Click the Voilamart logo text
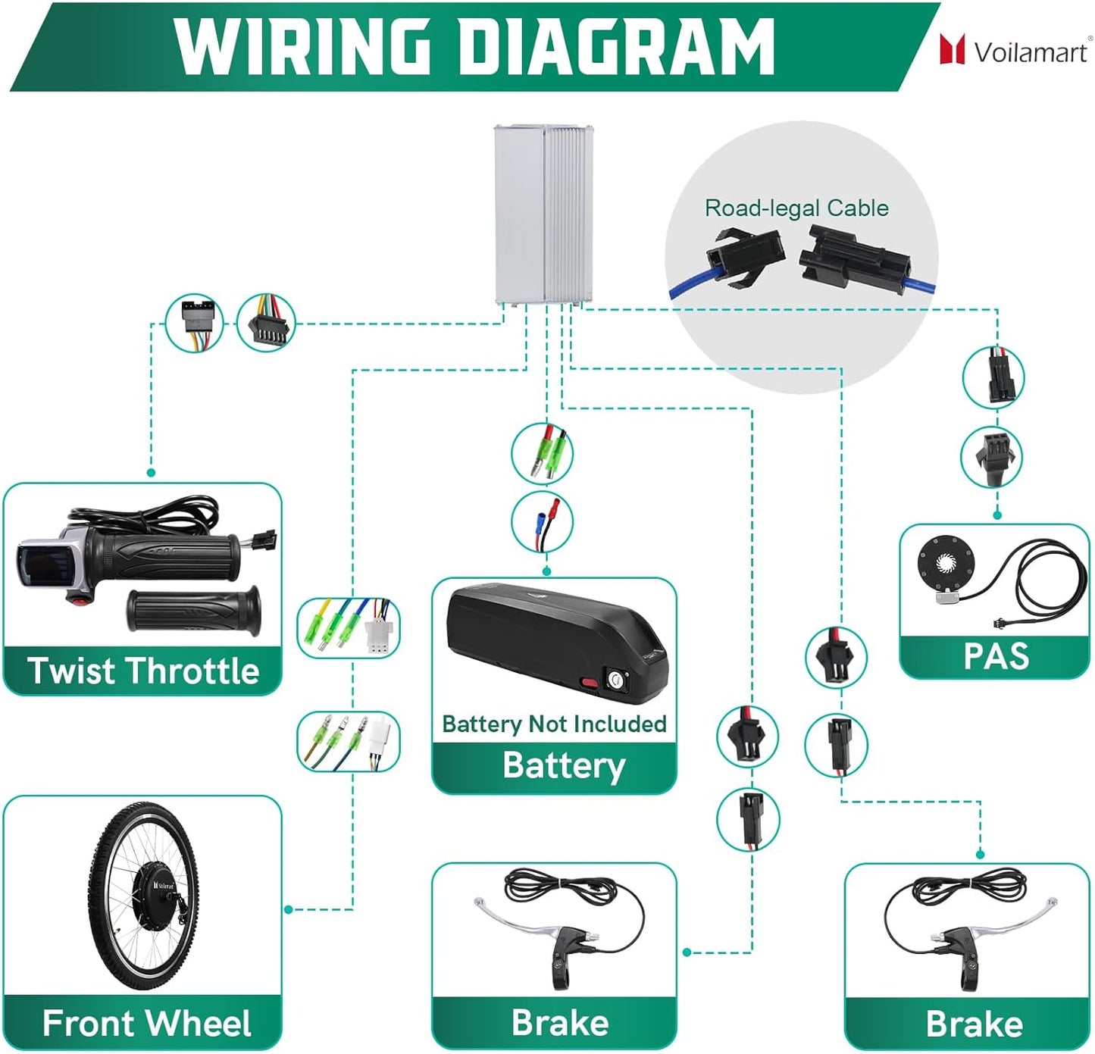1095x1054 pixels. (x=1030, y=52)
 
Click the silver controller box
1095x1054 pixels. (x=544, y=215)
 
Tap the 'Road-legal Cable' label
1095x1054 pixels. (x=796, y=208)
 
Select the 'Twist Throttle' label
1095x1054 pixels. (x=143, y=671)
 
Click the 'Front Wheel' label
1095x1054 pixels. (x=146, y=1023)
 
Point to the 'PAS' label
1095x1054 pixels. (x=995, y=656)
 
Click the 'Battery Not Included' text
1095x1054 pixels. (x=554, y=724)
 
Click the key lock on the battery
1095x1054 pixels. (x=615, y=680)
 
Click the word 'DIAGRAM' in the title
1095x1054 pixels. (x=618, y=47)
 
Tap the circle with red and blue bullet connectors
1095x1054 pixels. (x=542, y=521)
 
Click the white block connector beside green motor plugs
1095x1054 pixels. (x=378, y=634)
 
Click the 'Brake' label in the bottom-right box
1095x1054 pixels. (x=974, y=1024)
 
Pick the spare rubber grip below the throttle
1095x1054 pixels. (x=193, y=610)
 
